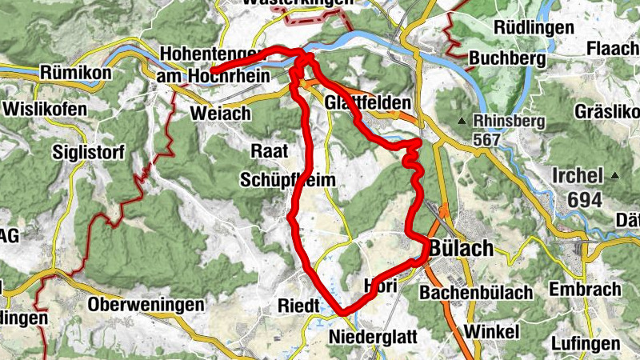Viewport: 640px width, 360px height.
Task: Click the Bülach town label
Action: pos(462,248)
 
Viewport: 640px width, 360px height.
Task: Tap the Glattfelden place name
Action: pos(368,104)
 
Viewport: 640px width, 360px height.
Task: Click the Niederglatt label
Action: pos(373,337)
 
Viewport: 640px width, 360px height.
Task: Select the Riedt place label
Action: pos(298,305)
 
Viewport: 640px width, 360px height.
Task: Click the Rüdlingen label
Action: pos(534,27)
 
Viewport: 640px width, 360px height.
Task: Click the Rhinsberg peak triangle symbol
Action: pos(462,122)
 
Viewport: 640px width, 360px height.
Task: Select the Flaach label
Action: pos(613,49)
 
